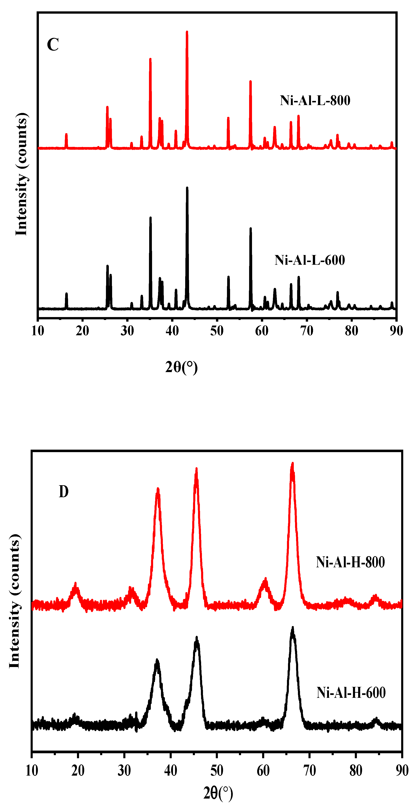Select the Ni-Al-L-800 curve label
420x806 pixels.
click(x=315, y=101)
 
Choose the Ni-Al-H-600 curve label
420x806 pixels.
click(x=351, y=692)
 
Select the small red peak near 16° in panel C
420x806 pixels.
click(x=66, y=135)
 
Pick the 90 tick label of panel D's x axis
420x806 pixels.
click(x=402, y=770)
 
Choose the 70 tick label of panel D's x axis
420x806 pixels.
click(x=309, y=770)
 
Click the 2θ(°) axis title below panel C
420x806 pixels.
click(x=181, y=367)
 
